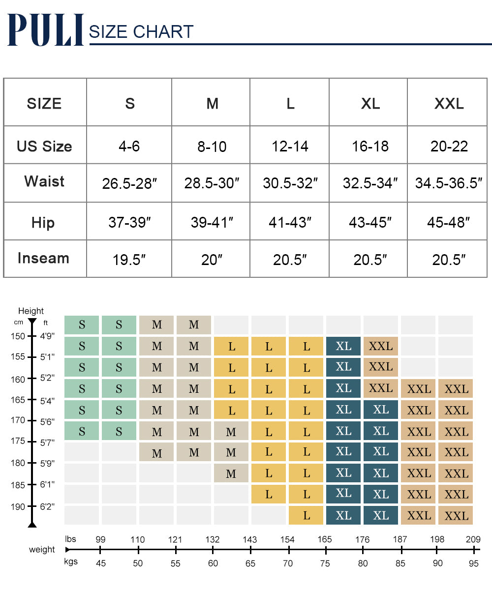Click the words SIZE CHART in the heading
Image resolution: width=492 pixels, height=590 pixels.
(x=141, y=32)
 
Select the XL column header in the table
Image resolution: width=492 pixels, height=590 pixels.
(x=370, y=104)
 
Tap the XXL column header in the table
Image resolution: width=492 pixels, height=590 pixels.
(x=449, y=104)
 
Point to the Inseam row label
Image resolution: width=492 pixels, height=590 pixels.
(x=43, y=258)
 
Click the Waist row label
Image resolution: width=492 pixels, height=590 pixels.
(x=44, y=181)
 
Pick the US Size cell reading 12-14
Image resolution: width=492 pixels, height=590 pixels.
(x=290, y=147)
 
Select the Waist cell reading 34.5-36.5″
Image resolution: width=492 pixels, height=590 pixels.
(x=449, y=183)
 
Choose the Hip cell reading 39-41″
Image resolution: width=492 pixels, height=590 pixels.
(x=212, y=223)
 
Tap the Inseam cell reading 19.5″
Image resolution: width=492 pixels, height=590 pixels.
(x=129, y=260)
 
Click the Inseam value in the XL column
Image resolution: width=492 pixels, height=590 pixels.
(x=370, y=260)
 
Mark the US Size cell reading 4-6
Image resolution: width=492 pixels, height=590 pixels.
(x=129, y=147)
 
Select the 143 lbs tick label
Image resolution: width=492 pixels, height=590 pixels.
(x=250, y=540)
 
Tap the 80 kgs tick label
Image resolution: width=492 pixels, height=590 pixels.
(x=363, y=563)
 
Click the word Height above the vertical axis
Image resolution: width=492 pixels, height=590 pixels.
(x=31, y=311)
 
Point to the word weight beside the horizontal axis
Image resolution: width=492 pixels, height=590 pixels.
(x=42, y=550)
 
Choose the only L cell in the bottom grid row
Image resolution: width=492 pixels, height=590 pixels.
(x=307, y=515)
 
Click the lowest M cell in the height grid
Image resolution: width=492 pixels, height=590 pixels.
(x=231, y=473)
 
